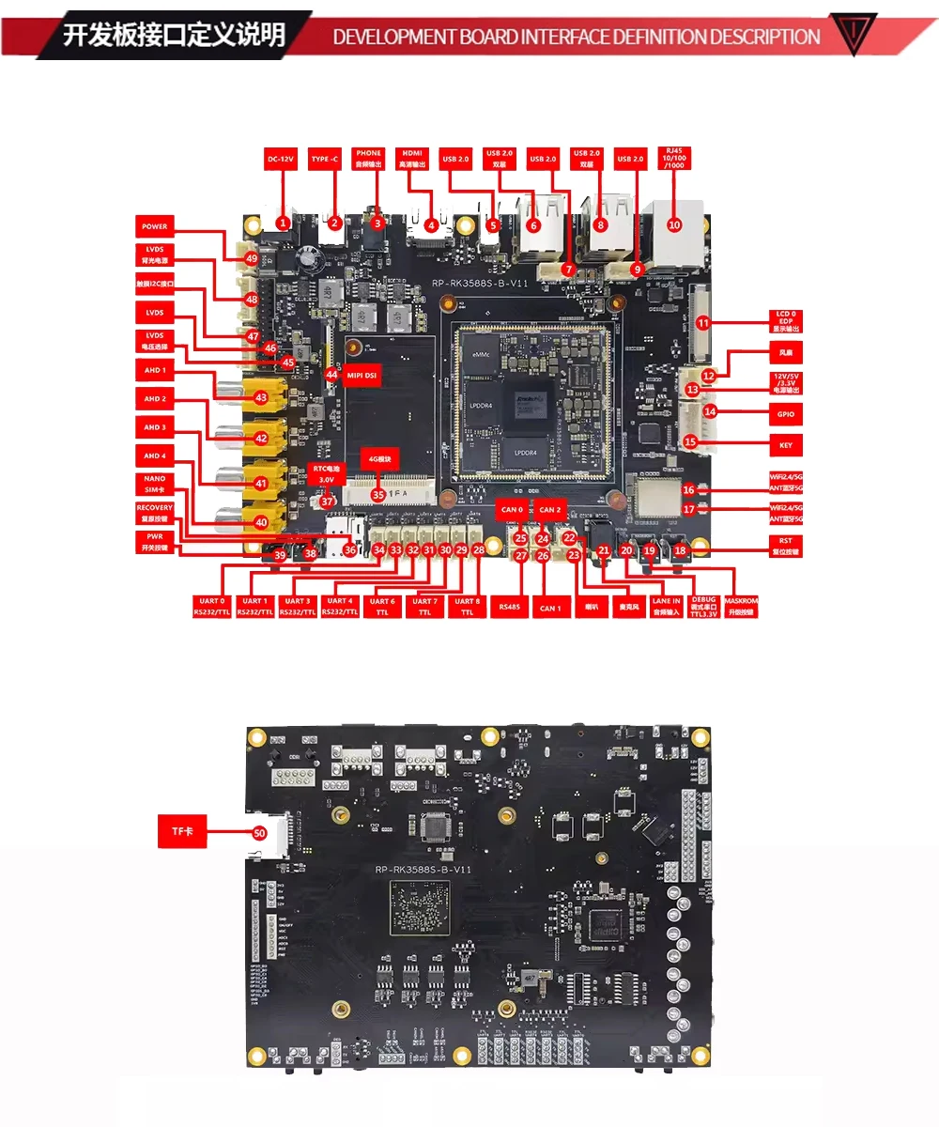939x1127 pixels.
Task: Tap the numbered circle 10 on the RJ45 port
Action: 674,224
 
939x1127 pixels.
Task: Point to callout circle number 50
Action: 260,832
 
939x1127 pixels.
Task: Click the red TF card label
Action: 181,831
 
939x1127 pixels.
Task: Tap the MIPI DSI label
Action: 362,374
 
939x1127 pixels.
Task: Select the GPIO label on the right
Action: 786,411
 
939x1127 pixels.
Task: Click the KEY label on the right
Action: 786,444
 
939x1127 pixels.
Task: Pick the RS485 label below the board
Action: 509,607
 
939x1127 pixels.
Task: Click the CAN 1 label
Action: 549,608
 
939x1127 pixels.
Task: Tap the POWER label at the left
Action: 154,226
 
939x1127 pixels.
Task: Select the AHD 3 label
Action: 154,428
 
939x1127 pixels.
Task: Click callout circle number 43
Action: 261,398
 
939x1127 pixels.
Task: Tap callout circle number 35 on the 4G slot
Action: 378,494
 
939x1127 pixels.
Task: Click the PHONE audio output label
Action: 368,159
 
